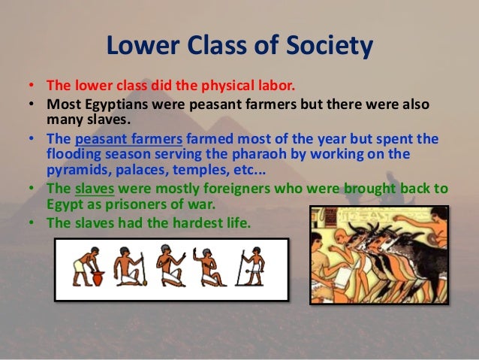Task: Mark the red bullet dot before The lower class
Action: (x=35, y=84)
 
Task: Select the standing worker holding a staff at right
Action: (x=253, y=266)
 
